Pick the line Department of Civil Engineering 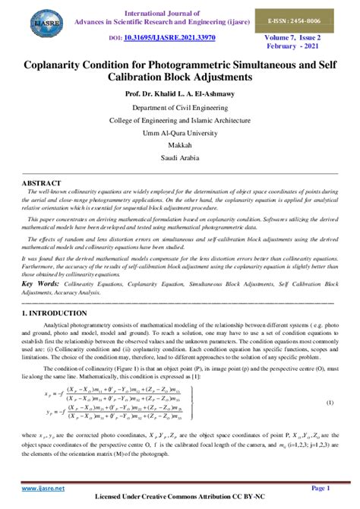(180, 108)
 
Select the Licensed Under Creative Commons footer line (180, 501)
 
